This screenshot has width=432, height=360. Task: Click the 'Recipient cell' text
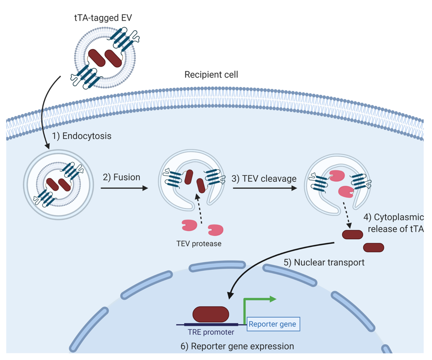pos(211,74)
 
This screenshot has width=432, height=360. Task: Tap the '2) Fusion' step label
pos(121,177)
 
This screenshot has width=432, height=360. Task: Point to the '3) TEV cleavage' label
pos(264,178)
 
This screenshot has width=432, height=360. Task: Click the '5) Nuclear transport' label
pos(324,262)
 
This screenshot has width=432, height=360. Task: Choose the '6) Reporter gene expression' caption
pos(237,346)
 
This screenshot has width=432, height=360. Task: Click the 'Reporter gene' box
pos(273,324)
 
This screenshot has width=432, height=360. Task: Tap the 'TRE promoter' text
pos(211,333)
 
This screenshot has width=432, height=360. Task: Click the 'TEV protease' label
pos(199,244)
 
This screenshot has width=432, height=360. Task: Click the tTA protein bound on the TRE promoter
pos(211,314)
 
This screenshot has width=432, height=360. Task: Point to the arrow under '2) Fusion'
pos(124,188)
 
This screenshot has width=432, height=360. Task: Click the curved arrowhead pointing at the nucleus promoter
pos(230,295)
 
